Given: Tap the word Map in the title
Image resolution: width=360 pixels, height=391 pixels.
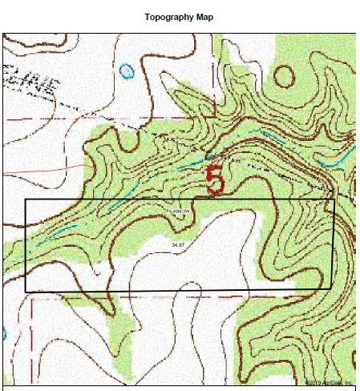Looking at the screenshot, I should pos(204,17).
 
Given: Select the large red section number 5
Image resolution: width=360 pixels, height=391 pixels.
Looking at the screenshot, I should pos(215,180).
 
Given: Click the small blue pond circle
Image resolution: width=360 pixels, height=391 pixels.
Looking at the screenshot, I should pos(126,71).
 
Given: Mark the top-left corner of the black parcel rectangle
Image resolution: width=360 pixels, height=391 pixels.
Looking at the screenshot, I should pos(26,199).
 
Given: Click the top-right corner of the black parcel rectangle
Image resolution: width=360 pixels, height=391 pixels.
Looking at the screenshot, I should pos(333,200).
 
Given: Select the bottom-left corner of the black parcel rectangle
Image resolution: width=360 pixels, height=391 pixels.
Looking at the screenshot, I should pos(26,292).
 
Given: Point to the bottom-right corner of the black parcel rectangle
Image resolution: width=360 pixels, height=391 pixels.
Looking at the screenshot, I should pos(333,288).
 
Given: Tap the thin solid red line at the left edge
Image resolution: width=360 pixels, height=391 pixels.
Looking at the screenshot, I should pos(40,171).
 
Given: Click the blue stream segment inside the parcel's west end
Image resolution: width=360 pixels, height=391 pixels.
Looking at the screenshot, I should pos(60,232).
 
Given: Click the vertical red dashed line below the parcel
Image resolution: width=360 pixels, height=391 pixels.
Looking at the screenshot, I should pos(32,337).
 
